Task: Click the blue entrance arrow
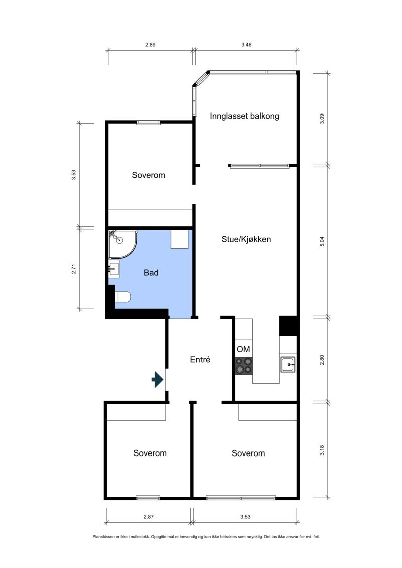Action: pos(158,379)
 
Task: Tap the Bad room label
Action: pos(151,272)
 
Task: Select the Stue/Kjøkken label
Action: pos(246,239)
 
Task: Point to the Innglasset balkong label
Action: pos(244,116)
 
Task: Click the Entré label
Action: pos(200,360)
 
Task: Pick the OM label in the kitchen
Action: pos(243,349)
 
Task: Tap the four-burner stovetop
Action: pos(244,365)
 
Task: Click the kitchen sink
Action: pos(288,364)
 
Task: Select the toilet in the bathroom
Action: pos(122,297)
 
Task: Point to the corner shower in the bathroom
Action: pos(122,244)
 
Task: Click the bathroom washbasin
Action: pos(114,268)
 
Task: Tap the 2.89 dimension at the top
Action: pos(150,45)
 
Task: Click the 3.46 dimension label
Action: pos(246,45)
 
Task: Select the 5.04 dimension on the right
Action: pos(322,241)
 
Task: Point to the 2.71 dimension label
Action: pos(74,269)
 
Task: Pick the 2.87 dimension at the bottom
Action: pos(149,517)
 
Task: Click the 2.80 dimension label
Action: pos(322,360)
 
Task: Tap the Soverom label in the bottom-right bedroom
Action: pos(248,453)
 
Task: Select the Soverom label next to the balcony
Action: pos(149,175)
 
